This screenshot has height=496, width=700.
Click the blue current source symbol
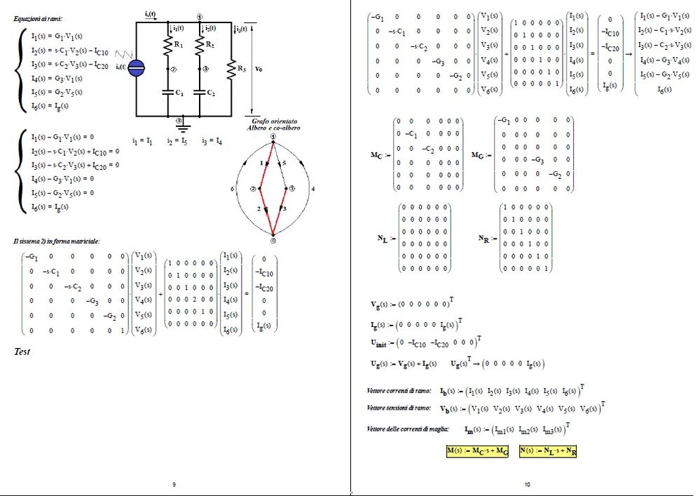[138, 67]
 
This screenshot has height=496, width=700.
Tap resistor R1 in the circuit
[168, 48]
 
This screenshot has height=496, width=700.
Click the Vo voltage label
[260, 69]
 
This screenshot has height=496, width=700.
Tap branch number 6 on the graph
[232, 189]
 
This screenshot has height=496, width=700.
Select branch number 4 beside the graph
[313, 189]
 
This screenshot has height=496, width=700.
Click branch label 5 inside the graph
[284, 163]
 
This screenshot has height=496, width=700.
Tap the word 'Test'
[22, 351]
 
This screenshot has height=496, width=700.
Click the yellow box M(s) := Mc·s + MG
[477, 450]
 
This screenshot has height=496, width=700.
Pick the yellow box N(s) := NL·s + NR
[548, 450]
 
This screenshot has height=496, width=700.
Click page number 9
[174, 484]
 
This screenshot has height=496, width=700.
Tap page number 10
[527, 484]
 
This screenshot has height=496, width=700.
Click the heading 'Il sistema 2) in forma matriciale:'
[57, 241]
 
